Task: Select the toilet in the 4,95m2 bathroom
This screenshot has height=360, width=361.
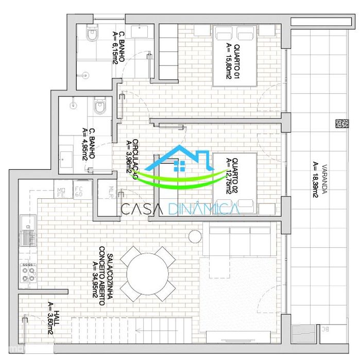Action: click(100, 107)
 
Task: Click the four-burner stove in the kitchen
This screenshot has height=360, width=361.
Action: click(28, 272)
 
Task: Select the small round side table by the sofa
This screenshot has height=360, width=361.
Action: click(195, 236)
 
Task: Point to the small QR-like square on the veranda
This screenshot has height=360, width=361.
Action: click(338, 124)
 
